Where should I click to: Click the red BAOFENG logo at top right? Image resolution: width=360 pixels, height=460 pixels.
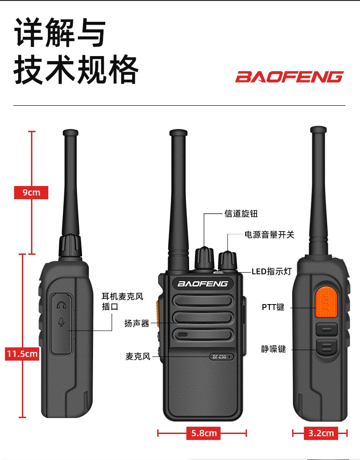click(x=289, y=77)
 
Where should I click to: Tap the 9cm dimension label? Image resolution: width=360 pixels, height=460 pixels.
click(x=31, y=192)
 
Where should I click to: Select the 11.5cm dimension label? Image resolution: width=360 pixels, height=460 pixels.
click(x=22, y=353)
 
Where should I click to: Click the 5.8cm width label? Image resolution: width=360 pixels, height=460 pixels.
click(x=203, y=433)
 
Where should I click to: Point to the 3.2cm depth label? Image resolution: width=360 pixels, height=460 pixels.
click(x=321, y=433)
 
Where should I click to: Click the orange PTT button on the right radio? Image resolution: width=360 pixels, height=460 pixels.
click(x=326, y=302)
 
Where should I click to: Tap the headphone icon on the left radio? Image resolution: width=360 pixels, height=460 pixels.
click(x=61, y=305)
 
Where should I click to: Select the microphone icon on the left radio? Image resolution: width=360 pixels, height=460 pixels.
click(x=61, y=322)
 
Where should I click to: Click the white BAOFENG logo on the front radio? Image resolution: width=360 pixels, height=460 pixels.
click(x=203, y=284)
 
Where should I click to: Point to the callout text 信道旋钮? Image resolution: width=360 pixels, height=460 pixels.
click(x=241, y=213)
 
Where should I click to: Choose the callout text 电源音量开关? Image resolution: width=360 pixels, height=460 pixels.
click(x=269, y=235)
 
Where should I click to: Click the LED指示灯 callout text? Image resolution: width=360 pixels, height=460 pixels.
click(x=272, y=271)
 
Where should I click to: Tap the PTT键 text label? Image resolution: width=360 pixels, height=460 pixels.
click(x=273, y=307)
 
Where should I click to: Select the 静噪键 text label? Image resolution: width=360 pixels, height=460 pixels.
click(x=273, y=349)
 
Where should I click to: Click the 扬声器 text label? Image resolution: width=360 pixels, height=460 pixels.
click(x=137, y=323)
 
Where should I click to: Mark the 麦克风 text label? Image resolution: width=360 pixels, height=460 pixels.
click(x=138, y=357)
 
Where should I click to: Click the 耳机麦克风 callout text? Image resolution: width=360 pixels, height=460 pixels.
click(x=123, y=296)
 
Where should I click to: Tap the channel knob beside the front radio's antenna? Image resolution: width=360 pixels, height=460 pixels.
click(x=204, y=258)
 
